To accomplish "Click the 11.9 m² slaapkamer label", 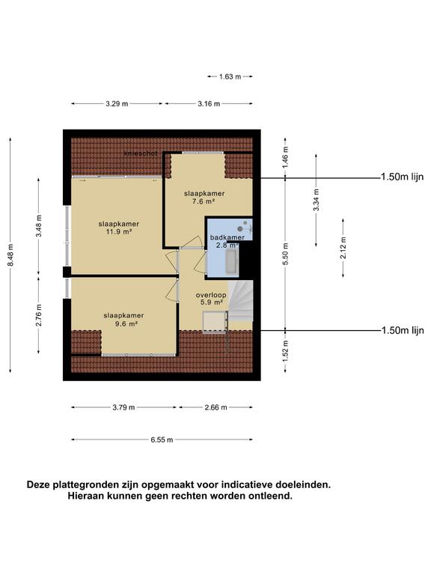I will pyautogui.click(x=114, y=228).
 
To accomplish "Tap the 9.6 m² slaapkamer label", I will pyautogui.click(x=123, y=320).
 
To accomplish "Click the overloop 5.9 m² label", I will pyautogui.click(x=211, y=299).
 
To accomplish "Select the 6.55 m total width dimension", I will pyautogui.click(x=161, y=439).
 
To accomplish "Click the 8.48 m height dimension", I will pyautogui.click(x=10, y=255).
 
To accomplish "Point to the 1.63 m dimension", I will pyautogui.click(x=230, y=76).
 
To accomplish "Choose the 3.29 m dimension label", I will pyautogui.click(x=117, y=104).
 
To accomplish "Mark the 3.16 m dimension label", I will pyautogui.click(x=208, y=104).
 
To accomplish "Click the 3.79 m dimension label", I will pyautogui.click(x=123, y=407).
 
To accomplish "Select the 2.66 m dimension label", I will pyautogui.click(x=215, y=407).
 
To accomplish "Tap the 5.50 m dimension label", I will pyautogui.click(x=284, y=255).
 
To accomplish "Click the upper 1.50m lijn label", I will pyautogui.click(x=403, y=177).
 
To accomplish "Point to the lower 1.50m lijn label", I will pyautogui.click(x=403, y=330).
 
